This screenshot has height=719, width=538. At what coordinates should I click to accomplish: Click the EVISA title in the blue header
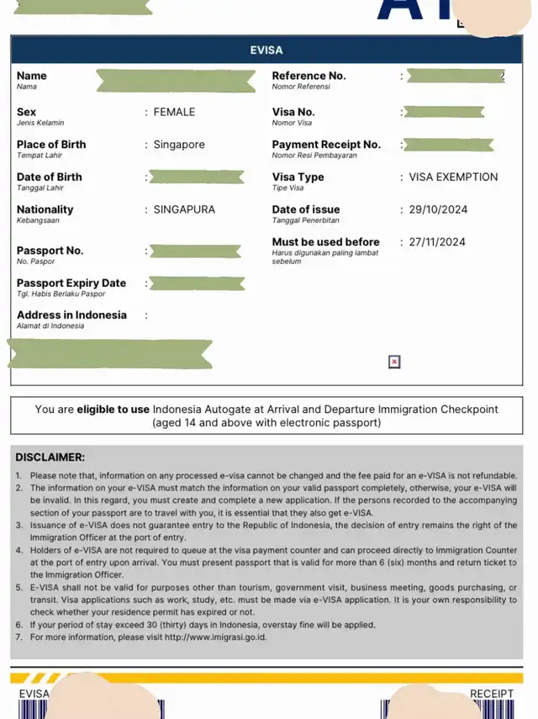tap(266, 50)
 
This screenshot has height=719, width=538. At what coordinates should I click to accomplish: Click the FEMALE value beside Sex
tap(174, 112)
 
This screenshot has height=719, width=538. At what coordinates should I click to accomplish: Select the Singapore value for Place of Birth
tap(179, 145)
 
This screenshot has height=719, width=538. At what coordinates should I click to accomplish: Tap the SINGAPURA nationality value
tap(184, 209)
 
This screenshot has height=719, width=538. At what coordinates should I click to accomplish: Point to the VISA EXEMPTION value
tap(453, 177)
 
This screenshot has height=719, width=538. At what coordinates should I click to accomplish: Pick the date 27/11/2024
tap(437, 242)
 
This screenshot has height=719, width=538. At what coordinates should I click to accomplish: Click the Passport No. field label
tap(50, 251)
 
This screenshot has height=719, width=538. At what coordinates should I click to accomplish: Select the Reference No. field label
tap(309, 76)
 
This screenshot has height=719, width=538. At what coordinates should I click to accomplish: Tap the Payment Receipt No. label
tap(326, 145)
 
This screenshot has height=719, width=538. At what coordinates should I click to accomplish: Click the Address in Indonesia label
tap(71, 315)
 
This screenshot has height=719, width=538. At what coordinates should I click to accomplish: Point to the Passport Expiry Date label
tap(71, 283)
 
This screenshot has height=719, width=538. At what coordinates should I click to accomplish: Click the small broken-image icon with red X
tap(394, 362)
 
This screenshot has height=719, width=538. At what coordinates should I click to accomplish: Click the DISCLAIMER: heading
tap(50, 457)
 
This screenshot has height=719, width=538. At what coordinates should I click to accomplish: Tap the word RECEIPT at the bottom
tap(492, 694)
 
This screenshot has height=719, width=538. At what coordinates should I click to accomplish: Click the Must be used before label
tap(325, 242)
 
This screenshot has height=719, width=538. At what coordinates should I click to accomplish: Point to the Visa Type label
tap(298, 177)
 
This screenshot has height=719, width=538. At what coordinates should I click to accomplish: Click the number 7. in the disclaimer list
tap(19, 637)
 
